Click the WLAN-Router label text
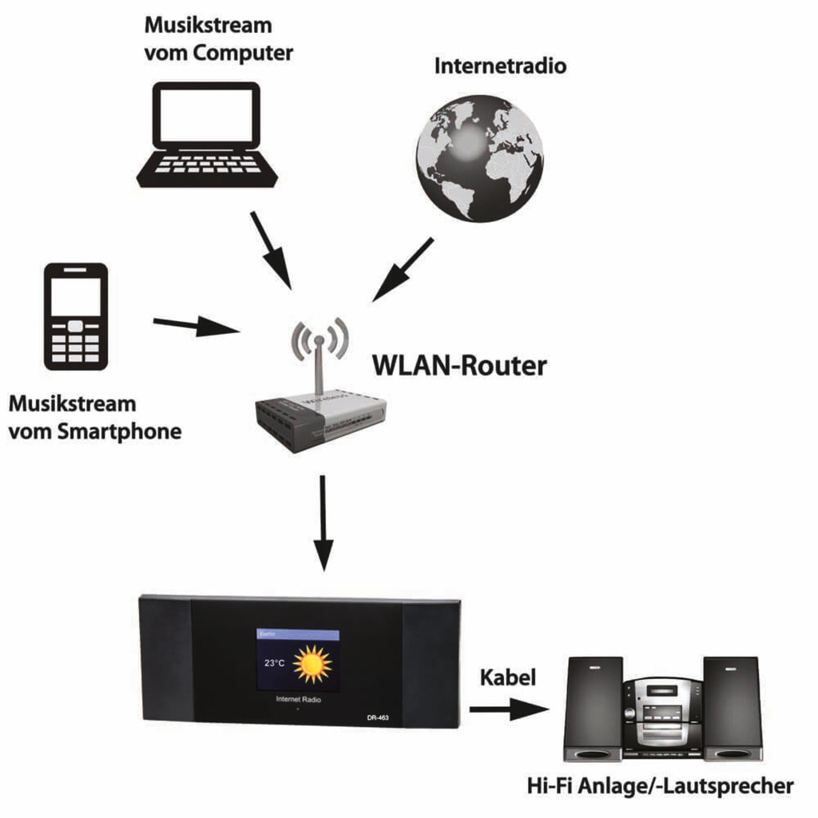459,366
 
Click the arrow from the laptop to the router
271,248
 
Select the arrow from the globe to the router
403,269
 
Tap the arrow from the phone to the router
196,325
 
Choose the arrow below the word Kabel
509,709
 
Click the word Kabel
507,678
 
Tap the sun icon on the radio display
312,663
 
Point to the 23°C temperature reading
273,663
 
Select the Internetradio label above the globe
500,66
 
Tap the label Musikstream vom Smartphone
93,418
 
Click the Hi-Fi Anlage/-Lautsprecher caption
660,785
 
